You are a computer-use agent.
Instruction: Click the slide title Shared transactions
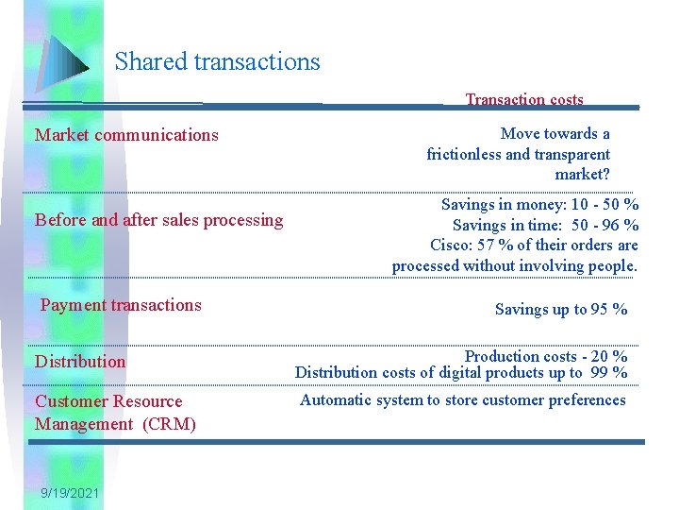pyautogui.click(x=217, y=62)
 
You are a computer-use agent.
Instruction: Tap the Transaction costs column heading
pyautogui.click(x=524, y=99)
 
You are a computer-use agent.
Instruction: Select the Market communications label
pyautogui.click(x=126, y=135)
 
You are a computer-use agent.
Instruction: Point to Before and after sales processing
pyautogui.click(x=158, y=220)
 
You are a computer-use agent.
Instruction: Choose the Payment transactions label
pyautogui.click(x=121, y=304)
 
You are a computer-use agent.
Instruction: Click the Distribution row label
pyautogui.click(x=80, y=361)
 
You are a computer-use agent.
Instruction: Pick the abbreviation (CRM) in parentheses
pyautogui.click(x=170, y=424)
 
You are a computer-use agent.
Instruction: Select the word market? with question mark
pyautogui.click(x=582, y=175)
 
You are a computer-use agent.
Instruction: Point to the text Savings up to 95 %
pyautogui.click(x=561, y=309)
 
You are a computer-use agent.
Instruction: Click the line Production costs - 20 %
pyautogui.click(x=546, y=356)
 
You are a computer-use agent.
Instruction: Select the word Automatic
pyautogui.click(x=337, y=399)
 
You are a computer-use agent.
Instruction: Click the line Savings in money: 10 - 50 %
pyautogui.click(x=539, y=204)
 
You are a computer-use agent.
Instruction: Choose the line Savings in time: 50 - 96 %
pyautogui.click(x=545, y=225)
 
